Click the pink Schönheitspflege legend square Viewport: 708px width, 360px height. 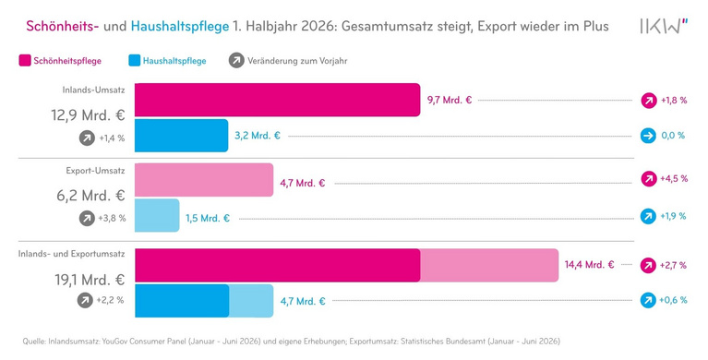pyautogui.click(x=25, y=61)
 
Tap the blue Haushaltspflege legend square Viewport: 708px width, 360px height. pyautogui.click(x=135, y=61)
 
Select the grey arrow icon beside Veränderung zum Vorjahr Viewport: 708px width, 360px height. pyautogui.click(x=236, y=61)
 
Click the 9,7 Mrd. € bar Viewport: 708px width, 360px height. pyautogui.click(x=277, y=100)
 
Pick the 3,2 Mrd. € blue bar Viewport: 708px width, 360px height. pyautogui.click(x=182, y=136)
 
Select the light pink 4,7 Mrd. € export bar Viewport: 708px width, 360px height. pyautogui.click(x=204, y=180)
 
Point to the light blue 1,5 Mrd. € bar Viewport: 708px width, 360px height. pyautogui.click(x=157, y=215)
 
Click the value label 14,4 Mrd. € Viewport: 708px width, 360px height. pyautogui.click(x=589, y=265)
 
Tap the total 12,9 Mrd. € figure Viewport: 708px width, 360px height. pyautogui.click(x=88, y=114)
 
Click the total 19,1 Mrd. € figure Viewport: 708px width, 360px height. pyautogui.click(x=90, y=280)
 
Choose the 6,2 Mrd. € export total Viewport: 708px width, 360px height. pyautogui.click(x=90, y=196)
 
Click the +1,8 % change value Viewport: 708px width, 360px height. pyautogui.click(x=674, y=101)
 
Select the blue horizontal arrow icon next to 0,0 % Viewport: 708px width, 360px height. pyautogui.click(x=648, y=136)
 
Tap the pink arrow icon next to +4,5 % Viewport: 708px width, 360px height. pyautogui.click(x=649, y=179)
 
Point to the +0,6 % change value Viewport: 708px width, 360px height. pyautogui.click(x=673, y=300)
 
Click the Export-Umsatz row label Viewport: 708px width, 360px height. pyautogui.click(x=95, y=171)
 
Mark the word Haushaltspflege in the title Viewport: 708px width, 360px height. pyautogui.click(x=180, y=26)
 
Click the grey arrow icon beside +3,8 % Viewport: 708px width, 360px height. pyautogui.click(x=87, y=219)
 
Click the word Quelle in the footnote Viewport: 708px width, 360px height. pyautogui.click(x=34, y=342)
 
